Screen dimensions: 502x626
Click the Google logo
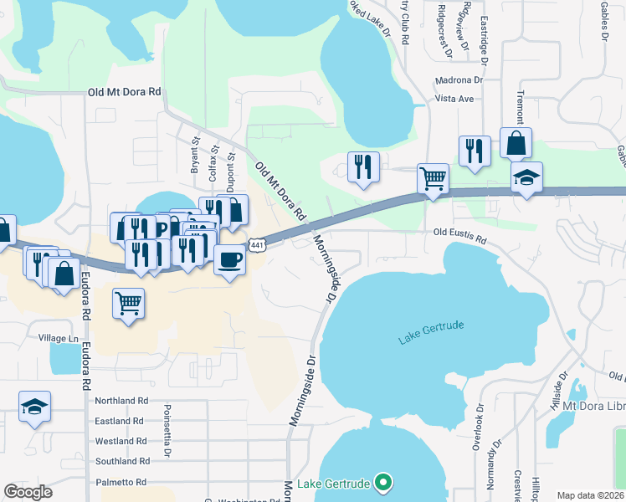pos(28,492)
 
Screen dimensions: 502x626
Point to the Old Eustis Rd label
pos(459,238)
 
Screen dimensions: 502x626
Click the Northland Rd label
pos(121,401)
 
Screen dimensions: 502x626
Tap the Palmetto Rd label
pos(121,482)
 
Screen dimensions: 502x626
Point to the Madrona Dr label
pos(459,80)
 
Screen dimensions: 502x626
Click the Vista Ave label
pos(454,99)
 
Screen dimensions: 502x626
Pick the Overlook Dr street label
pos(479,433)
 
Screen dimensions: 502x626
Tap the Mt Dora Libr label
pos(593,406)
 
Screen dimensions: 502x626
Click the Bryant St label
pos(194,156)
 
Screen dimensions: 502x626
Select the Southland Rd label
pos(122,461)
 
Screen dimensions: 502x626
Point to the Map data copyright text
pos(591,495)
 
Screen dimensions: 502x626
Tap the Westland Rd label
pos(121,441)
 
